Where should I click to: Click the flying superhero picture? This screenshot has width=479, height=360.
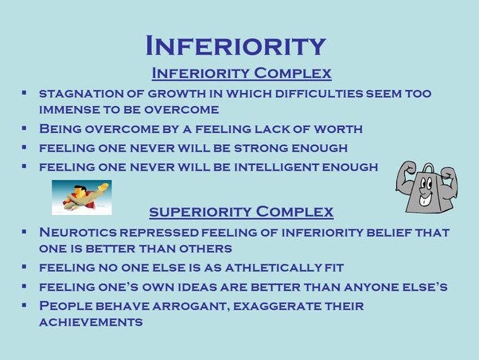pyautogui.click(x=81, y=197)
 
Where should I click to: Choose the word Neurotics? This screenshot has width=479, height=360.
pyautogui.click(x=79, y=232)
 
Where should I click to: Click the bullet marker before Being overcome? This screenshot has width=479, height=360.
pyautogui.click(x=25, y=128)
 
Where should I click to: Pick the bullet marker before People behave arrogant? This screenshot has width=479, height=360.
pyautogui.click(x=25, y=305)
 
